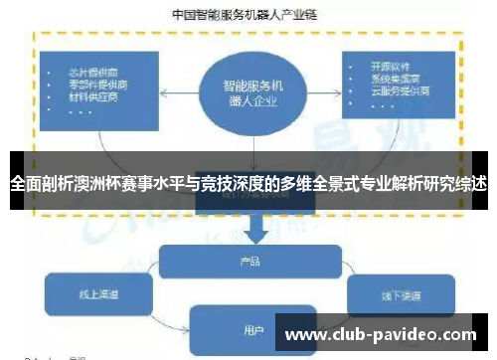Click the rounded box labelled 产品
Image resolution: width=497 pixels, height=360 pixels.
point(250,262)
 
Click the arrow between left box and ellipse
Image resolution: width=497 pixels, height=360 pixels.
point(180,92)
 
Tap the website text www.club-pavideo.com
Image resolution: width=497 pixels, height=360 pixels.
point(382,335)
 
